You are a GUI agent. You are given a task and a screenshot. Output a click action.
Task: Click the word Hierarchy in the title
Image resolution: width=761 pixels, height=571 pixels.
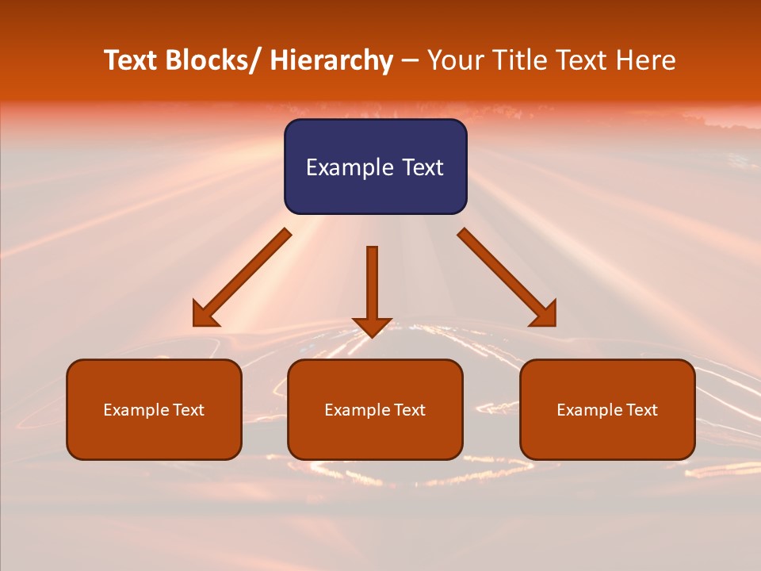pos(331,61)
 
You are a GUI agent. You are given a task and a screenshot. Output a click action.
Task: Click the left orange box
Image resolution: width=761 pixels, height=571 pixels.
pos(154,409)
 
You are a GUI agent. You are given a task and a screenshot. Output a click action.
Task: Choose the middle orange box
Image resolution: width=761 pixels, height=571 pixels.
pos(375,409)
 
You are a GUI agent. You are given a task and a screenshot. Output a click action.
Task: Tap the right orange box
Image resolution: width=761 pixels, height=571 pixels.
pos(607,409)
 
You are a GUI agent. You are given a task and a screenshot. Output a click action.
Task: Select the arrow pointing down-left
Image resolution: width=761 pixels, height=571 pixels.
pos(242,278)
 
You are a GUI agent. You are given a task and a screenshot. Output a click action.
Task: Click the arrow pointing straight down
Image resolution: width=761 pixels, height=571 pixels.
pos(372,289)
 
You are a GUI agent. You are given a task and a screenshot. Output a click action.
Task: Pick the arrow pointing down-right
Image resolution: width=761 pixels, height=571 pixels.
pos(507,278)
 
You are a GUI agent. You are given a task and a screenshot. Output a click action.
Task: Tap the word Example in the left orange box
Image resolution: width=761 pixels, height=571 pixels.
pos(133,410)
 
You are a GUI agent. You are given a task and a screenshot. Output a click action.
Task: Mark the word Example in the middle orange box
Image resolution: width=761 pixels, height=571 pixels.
pos(354,410)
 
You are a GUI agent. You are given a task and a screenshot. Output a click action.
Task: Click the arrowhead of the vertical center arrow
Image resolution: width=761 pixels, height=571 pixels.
pos(372,327)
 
